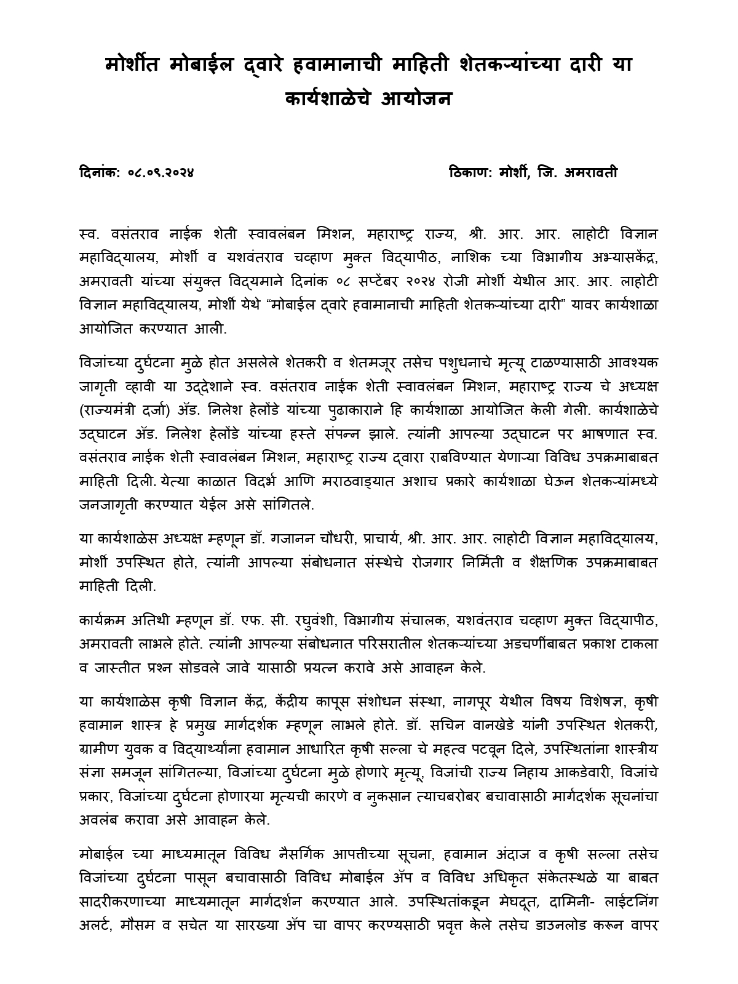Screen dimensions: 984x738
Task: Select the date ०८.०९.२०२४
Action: pyautogui.click(x=161, y=173)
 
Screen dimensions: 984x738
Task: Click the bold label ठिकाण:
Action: pyautogui.click(x=470, y=173)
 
